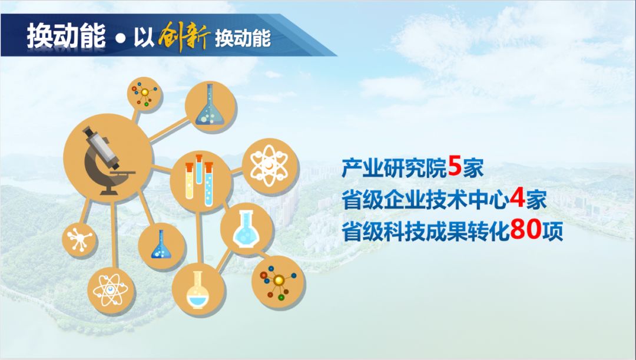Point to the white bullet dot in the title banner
coord(120,38)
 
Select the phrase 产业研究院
coord(394,167)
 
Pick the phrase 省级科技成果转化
coord(426,230)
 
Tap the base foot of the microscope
coord(109,191)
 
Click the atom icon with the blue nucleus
coord(110,290)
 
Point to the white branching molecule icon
coord(79,239)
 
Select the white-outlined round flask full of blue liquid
coord(246,229)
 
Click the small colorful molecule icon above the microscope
coord(144,94)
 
